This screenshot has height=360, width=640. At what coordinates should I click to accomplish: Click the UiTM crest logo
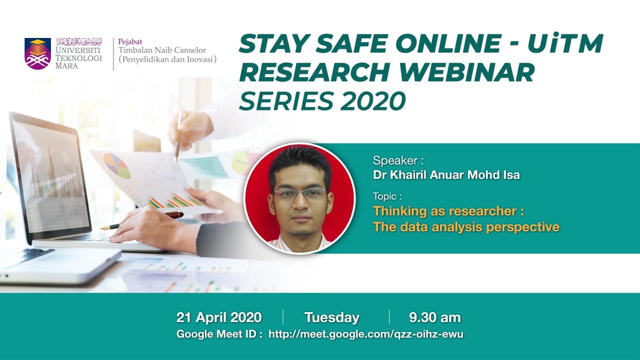37,53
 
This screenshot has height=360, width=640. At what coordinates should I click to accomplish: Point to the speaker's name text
446,174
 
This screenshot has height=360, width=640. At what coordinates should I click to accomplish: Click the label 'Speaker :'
398,160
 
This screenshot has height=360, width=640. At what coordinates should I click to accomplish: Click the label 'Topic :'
387,196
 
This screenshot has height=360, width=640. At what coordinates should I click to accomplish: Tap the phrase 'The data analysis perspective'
466,227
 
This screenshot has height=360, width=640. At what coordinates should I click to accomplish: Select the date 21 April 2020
219,317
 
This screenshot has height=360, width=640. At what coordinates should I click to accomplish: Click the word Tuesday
332,317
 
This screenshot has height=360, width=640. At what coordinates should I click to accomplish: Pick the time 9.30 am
434,317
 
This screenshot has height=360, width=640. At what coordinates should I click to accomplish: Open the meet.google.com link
366,334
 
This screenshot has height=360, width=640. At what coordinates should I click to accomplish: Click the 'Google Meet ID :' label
219,334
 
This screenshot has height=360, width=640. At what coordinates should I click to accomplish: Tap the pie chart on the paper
117,166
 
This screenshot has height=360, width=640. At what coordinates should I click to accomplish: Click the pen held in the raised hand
178,135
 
